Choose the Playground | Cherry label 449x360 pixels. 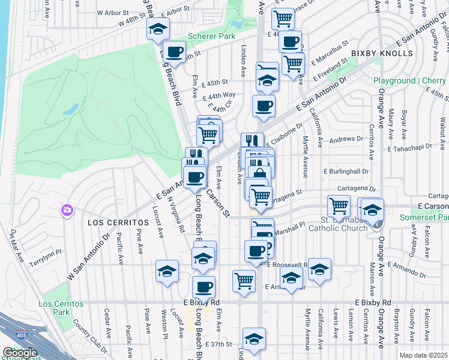click(410, 80)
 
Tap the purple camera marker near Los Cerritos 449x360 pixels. click(67, 210)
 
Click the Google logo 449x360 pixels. click(20, 352)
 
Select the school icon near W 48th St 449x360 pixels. click(158, 28)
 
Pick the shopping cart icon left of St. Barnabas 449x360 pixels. click(339, 206)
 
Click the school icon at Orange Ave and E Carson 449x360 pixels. click(372, 209)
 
